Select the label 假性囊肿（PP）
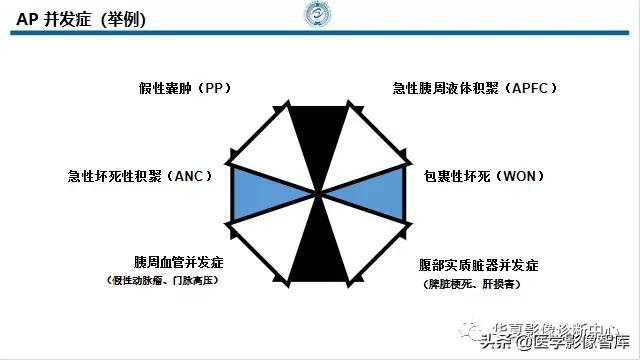point(185,88)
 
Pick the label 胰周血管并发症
point(178,262)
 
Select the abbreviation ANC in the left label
point(187,176)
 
